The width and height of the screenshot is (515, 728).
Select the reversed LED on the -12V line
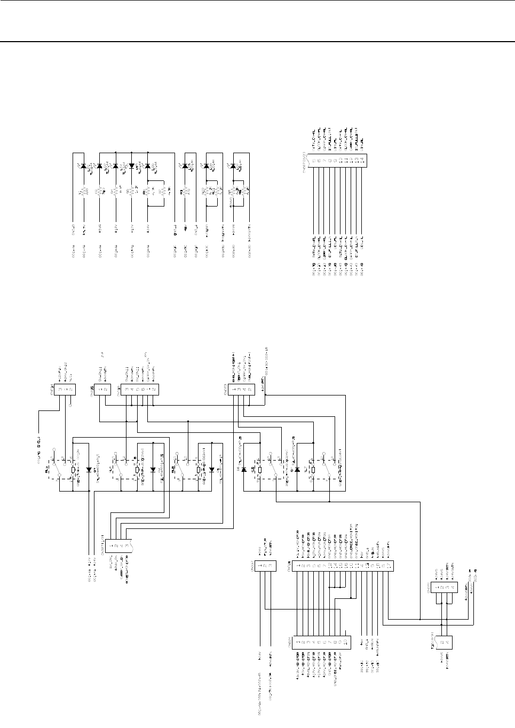tap(132, 166)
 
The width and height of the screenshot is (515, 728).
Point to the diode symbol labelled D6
tap(244, 470)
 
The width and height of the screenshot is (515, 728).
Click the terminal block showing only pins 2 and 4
tap(444, 643)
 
